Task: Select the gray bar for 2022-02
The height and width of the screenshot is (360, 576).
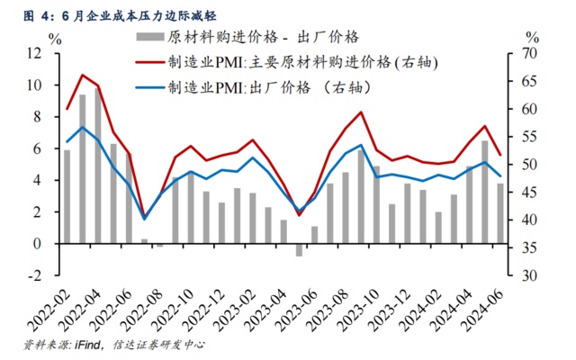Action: tap(67, 196)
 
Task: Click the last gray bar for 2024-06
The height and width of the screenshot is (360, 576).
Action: tap(499, 213)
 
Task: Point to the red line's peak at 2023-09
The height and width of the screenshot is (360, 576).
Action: tap(361, 112)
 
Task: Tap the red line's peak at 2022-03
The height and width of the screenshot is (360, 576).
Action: tap(82, 75)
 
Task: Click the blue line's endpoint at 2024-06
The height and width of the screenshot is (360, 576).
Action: tap(499, 176)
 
